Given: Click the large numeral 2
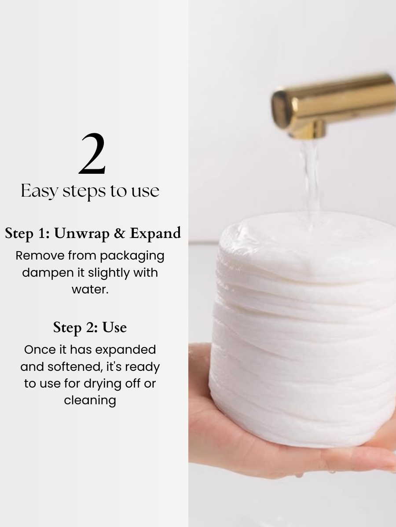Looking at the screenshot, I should coord(92,154).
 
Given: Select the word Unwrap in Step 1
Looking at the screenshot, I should coord(82,233).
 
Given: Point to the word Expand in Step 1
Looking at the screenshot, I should coord(155,234).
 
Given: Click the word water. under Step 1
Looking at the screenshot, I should coord(90,289).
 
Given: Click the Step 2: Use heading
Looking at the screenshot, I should coord(90,327).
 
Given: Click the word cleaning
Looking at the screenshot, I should coord(90,400).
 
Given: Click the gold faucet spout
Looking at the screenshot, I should coord(334,103).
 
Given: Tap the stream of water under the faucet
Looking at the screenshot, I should coord(310,180).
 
